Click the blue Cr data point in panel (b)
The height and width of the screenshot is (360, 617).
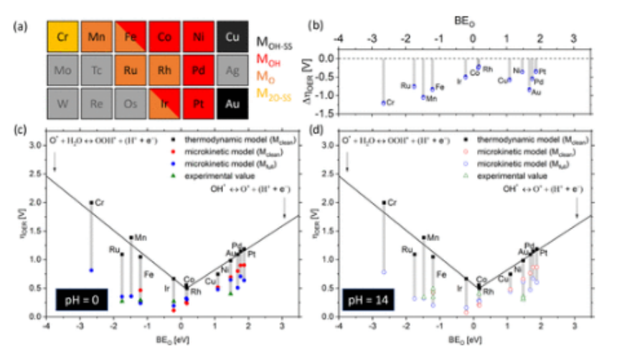point(383,103)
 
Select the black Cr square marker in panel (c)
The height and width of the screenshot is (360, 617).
point(91,203)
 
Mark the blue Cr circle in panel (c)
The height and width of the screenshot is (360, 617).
point(91,270)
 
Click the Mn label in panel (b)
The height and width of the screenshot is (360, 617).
point(432,98)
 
